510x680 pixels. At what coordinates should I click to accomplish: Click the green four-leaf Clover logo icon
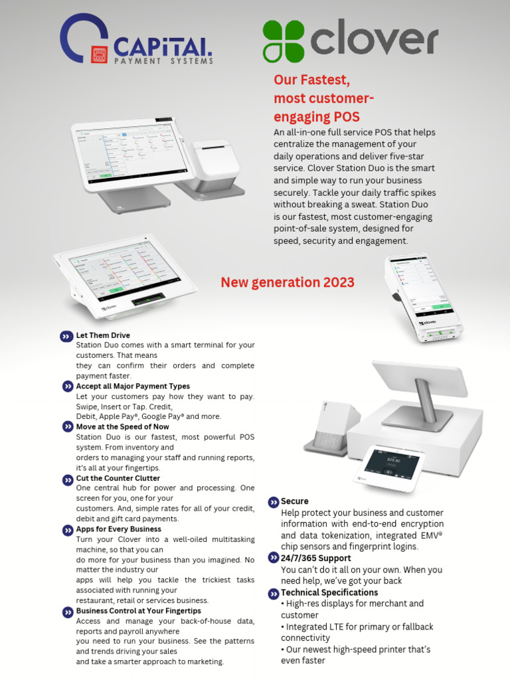(284, 41)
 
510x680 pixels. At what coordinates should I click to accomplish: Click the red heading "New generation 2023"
(288, 282)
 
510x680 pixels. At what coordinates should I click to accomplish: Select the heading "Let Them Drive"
(103, 335)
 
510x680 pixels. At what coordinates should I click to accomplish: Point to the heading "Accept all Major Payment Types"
(133, 386)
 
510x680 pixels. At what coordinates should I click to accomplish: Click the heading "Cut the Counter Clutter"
(118, 478)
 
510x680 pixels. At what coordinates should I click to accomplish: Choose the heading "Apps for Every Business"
(118, 529)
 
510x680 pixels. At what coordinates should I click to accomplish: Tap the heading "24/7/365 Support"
(315, 558)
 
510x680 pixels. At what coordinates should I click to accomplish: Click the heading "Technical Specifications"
(329, 592)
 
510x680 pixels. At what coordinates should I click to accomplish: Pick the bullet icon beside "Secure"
(273, 502)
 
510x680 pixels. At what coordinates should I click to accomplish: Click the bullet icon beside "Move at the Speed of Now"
(68, 427)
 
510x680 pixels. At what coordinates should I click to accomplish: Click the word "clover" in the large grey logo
(374, 41)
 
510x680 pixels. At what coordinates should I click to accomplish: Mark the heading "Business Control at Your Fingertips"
(138, 611)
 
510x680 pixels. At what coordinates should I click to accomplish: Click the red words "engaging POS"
(317, 118)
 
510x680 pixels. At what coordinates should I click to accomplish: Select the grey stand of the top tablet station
(133, 200)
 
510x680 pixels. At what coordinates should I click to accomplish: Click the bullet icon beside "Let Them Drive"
(66, 337)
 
